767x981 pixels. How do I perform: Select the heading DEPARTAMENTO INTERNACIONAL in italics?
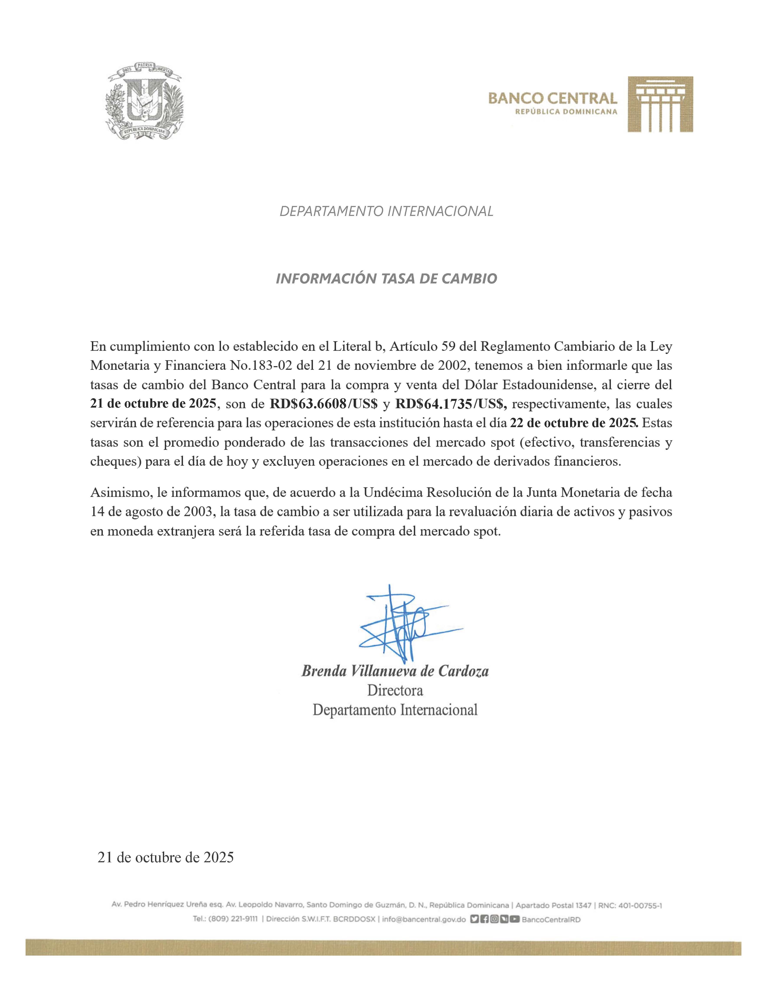(x=386, y=211)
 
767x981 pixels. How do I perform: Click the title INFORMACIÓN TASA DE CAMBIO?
(x=386, y=279)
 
